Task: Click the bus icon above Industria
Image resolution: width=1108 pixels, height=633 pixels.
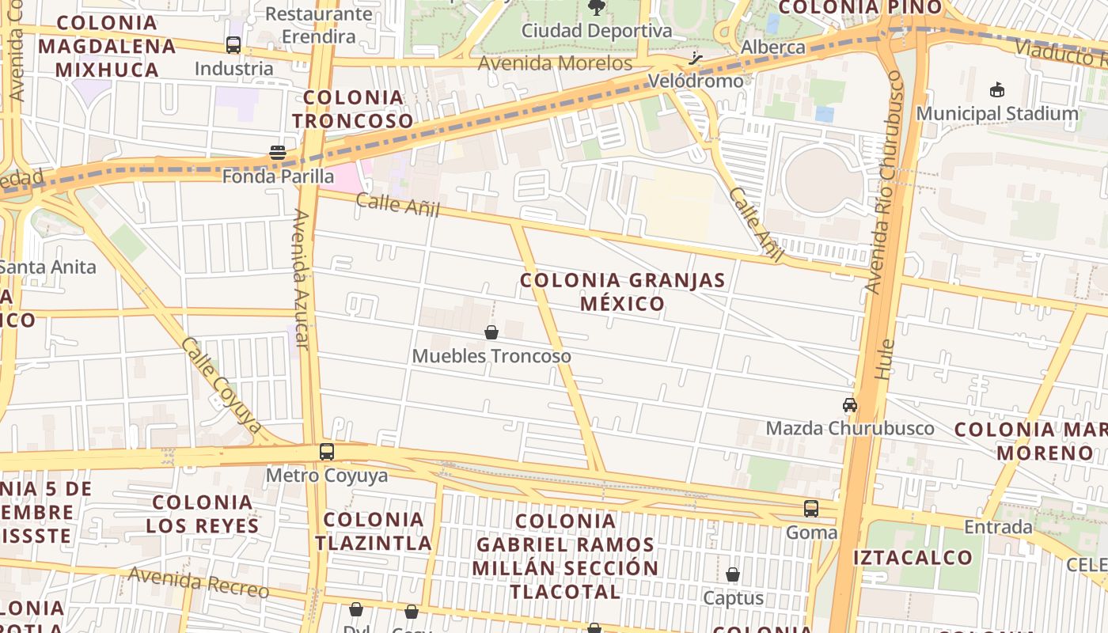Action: coord(233,45)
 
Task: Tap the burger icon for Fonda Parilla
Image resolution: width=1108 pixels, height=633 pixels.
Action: coord(277,153)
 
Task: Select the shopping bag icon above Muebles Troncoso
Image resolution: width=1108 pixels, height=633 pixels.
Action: coord(491,332)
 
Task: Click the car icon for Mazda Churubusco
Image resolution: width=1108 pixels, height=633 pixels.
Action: coord(850,405)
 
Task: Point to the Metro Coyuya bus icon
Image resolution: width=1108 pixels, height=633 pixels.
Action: coord(327,452)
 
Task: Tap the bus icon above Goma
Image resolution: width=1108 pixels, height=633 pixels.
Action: coord(811,509)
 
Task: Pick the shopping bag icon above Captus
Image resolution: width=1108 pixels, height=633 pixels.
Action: coord(733,574)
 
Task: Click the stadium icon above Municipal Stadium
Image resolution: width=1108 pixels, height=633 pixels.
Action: coord(997,90)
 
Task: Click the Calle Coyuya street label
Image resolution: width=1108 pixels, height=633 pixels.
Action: coord(222,385)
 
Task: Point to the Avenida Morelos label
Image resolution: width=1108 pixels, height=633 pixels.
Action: coord(556,63)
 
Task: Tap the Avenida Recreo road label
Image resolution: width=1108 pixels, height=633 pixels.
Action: coord(199,583)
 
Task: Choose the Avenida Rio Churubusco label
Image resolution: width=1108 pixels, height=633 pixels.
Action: coord(884,182)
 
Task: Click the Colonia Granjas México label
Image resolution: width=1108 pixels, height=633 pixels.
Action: coord(623,292)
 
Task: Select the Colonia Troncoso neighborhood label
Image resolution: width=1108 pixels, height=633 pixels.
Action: coord(353,109)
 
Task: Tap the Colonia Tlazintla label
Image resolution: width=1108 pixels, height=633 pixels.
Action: coord(374,531)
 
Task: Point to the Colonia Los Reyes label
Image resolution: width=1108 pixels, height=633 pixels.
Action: coord(202,514)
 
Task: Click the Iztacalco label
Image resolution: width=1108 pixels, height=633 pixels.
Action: coord(913,557)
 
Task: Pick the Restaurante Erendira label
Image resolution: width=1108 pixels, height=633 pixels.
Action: coord(318,25)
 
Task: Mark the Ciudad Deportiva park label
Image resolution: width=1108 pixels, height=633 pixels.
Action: coord(597,32)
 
